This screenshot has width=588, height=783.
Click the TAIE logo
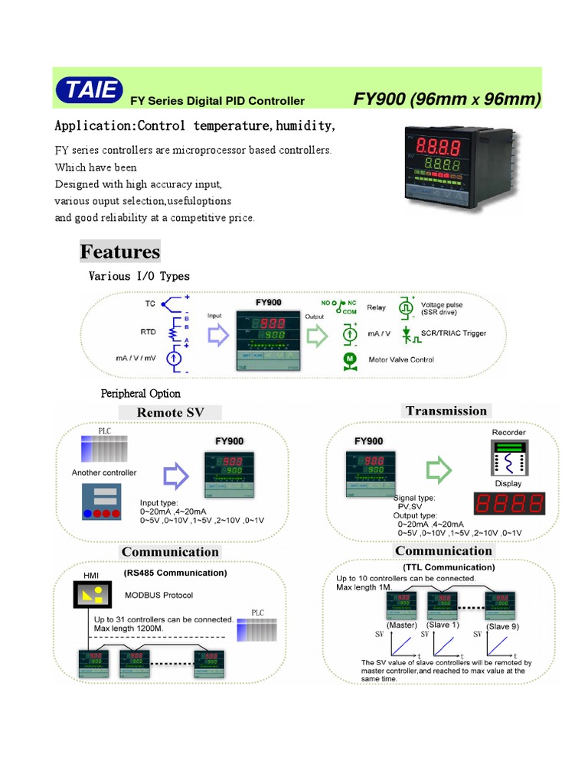89,90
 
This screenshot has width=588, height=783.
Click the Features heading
120,252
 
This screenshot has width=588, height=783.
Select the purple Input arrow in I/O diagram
218,335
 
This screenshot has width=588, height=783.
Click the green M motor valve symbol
349,359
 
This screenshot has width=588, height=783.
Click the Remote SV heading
170,412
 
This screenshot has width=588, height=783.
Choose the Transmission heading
446,411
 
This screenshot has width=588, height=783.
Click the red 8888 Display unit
509,503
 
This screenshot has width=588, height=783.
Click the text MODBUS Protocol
158,595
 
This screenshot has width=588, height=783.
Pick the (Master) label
401,625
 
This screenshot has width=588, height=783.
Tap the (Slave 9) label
503,626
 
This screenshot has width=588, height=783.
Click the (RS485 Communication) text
175,572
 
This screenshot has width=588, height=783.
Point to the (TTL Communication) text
449,567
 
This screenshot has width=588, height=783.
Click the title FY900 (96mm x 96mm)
447,99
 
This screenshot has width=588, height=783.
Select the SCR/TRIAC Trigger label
453,333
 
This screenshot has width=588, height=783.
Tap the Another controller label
104,473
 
